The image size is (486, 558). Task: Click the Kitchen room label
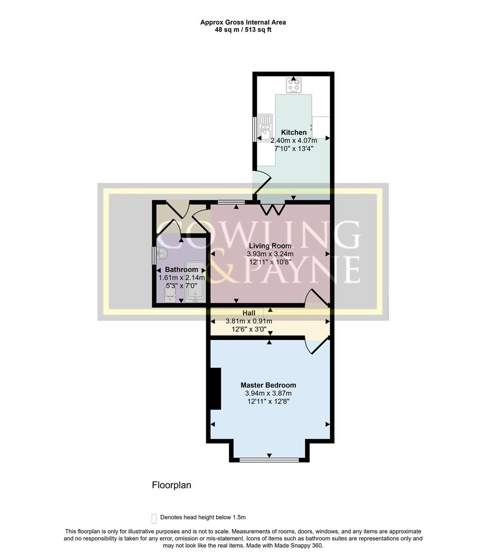tap(294, 133)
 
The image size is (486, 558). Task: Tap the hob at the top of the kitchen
tap(294, 86)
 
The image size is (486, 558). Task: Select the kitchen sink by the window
tap(266, 127)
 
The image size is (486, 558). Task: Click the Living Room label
tap(270, 246)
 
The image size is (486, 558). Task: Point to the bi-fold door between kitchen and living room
tap(273, 209)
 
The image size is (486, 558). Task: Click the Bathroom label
tap(181, 270)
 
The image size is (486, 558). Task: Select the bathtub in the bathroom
tap(196, 282)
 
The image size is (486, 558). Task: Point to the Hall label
tap(249, 313)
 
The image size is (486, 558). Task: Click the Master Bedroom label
tap(268, 385)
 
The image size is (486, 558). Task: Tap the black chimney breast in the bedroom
tap(214, 388)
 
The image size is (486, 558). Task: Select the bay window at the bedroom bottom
tap(269, 459)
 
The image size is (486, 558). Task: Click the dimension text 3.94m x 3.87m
tap(268, 393)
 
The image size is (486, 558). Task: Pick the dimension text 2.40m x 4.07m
tap(294, 141)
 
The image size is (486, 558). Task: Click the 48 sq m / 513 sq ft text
tap(243, 30)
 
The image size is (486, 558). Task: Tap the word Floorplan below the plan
tap(171, 485)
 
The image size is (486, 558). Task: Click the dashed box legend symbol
tap(154, 518)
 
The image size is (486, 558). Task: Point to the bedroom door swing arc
tap(316, 346)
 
